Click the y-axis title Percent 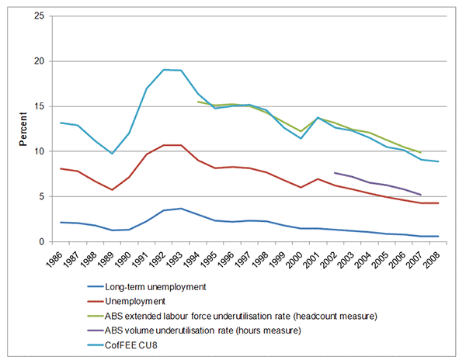25,130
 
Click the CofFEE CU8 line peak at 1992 164,70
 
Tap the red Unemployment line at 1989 113,190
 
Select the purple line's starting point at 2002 335,173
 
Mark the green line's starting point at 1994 198,102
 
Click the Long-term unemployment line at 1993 181,209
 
